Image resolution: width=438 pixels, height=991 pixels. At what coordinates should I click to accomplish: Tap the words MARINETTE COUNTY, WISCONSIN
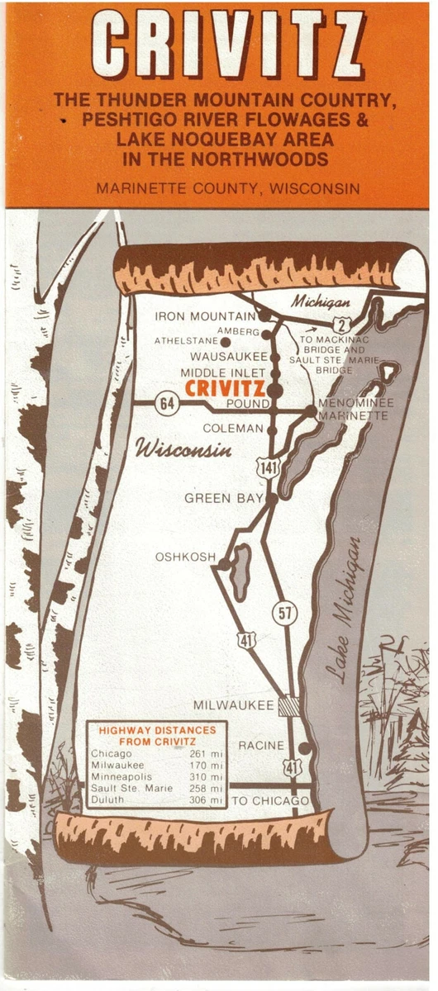coord(227,188)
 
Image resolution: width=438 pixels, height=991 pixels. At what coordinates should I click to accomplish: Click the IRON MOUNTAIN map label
coord(206,316)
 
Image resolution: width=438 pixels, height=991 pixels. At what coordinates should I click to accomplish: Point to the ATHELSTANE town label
coord(186,340)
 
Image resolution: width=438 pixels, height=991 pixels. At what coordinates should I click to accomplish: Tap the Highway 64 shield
coord(165,403)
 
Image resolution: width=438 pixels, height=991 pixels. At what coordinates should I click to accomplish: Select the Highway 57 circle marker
coord(284,613)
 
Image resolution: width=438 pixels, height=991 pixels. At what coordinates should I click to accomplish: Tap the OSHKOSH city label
coord(185,557)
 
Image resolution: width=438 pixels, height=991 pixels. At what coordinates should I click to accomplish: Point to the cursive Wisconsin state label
coord(183,451)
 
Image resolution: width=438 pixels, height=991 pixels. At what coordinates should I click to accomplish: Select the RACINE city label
coord(261,746)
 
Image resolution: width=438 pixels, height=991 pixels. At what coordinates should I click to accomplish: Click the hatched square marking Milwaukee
coord(288,706)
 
